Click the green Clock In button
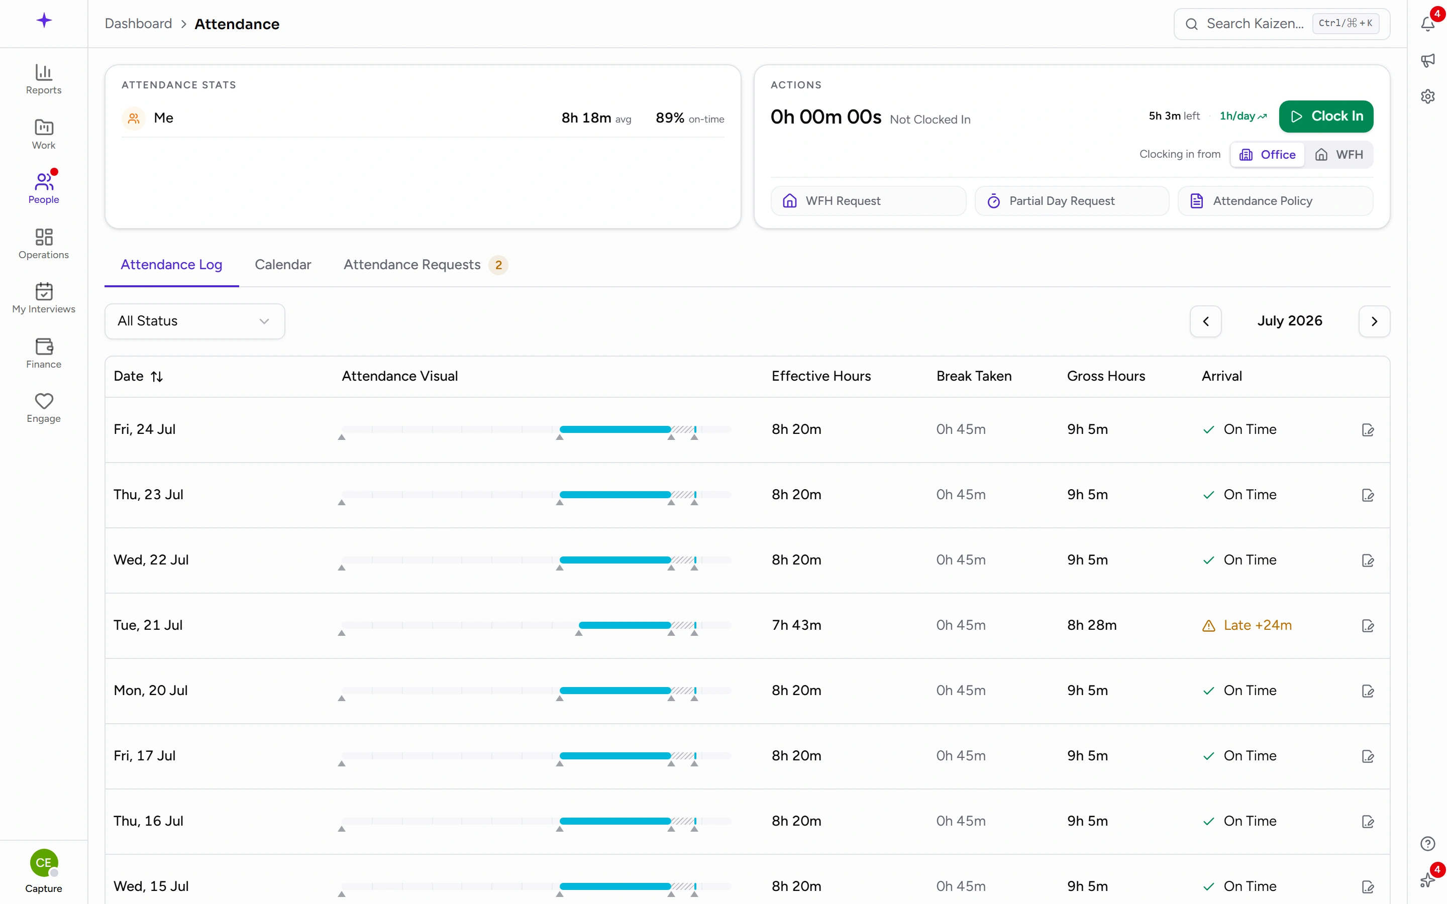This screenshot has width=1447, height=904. coord(1325,116)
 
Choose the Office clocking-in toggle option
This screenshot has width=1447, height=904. coord(1267,155)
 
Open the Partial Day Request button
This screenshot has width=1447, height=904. coord(1072,201)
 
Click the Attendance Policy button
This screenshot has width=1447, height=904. coord(1275,201)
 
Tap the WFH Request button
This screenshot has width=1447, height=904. coord(868,201)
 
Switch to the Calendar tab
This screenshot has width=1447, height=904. coord(283,264)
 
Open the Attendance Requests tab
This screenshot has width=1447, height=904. coord(425,264)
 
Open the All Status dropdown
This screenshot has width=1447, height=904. coord(195,321)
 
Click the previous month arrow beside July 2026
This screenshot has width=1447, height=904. coord(1205,321)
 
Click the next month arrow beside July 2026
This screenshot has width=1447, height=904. coord(1374,321)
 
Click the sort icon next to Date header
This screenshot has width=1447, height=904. coord(157,377)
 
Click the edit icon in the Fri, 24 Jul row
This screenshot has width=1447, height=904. coord(1368,430)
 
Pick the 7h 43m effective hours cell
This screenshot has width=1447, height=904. coord(796,625)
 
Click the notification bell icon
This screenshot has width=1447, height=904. coord(1428,24)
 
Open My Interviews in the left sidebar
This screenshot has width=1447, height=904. coord(44,298)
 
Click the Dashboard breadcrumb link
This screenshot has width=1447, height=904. coord(138,24)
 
